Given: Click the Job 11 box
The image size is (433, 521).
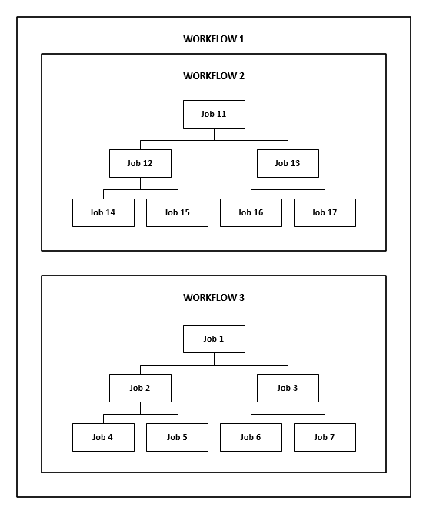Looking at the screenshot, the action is pos(214,115).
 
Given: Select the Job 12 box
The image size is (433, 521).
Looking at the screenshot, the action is pos(141,163).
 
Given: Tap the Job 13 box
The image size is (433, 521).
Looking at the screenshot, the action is pos(288,163).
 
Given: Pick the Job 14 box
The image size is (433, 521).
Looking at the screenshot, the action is pos(104,212).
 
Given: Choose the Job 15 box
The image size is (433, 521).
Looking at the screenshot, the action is pos(178,212).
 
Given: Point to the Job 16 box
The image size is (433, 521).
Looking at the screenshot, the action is pos(251,212).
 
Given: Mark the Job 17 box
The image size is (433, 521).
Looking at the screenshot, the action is pos(325,212).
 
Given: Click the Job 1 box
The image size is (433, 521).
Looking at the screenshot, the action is pos(214,339).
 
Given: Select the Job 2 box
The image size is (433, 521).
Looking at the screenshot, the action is pos(141,388).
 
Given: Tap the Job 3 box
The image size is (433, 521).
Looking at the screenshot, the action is pos(288,388).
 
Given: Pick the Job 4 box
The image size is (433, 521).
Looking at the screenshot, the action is pos(104,437).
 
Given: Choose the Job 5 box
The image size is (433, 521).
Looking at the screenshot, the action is pos(178,437).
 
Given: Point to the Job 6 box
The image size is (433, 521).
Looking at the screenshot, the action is pos(251,437).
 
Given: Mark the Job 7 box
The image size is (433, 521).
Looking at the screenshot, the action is pos(325,437).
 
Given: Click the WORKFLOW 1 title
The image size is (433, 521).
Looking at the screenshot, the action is pos(214,39).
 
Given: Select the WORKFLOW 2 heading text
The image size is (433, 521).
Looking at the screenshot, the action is pos(214,76).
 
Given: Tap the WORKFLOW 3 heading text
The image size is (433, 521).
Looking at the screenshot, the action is pos(214,298).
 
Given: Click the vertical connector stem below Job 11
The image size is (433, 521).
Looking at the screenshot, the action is pos(214,134).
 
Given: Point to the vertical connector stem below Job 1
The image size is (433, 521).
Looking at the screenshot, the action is pos(214,359).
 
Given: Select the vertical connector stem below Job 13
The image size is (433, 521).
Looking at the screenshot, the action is pos(288,183).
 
